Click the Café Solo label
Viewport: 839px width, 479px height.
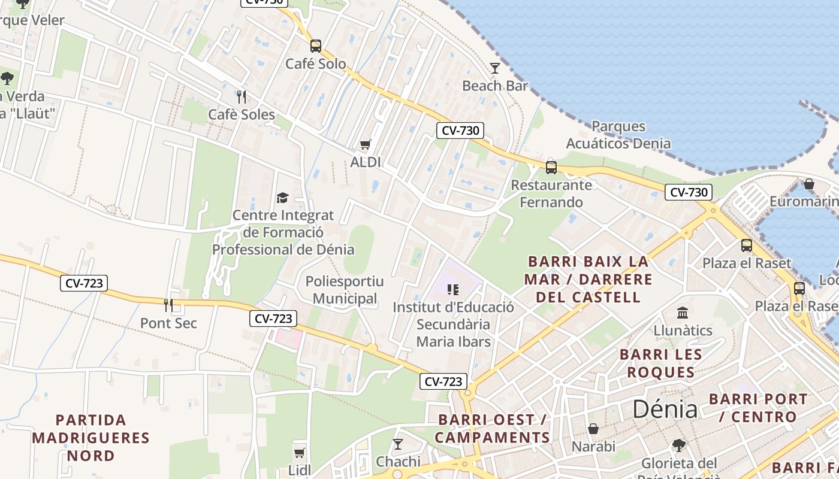(x=315, y=63)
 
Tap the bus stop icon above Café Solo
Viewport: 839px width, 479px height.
(x=315, y=46)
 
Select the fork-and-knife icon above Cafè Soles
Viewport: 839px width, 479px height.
(x=242, y=96)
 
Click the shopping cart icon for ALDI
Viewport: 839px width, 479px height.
(x=365, y=144)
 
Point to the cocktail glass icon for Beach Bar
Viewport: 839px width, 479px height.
(x=495, y=68)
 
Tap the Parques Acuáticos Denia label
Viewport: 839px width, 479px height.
(x=618, y=135)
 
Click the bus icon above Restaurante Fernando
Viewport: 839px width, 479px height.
(x=551, y=167)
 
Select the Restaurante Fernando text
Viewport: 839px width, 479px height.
(x=551, y=193)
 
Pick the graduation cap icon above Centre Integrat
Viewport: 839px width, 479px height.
(x=282, y=198)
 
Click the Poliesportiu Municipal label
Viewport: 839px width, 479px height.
(x=345, y=290)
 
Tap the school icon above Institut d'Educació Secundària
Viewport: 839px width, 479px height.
(x=453, y=290)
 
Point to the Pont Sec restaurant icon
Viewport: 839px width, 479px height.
(x=168, y=305)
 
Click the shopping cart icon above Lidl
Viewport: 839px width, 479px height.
(x=299, y=452)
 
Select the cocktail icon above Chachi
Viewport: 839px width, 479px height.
(x=398, y=444)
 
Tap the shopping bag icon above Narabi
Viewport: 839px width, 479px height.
(x=593, y=429)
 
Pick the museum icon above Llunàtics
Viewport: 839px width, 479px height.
(x=683, y=313)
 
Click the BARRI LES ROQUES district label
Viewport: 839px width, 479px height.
(x=661, y=363)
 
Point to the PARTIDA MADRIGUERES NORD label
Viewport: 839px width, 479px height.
(x=91, y=438)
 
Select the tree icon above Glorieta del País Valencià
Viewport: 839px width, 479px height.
(x=679, y=445)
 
